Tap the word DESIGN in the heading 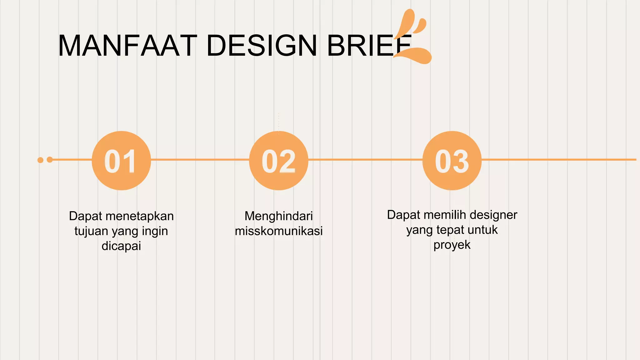(x=262, y=46)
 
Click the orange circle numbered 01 (x=121, y=161)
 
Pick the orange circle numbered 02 (x=278, y=161)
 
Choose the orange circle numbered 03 (x=452, y=161)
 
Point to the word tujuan (x=91, y=231)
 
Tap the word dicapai (x=121, y=246)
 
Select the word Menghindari (x=278, y=216)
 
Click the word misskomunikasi (x=278, y=231)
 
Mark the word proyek (x=452, y=245)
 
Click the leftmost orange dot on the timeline (x=40, y=160)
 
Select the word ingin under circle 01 (x=155, y=231)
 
